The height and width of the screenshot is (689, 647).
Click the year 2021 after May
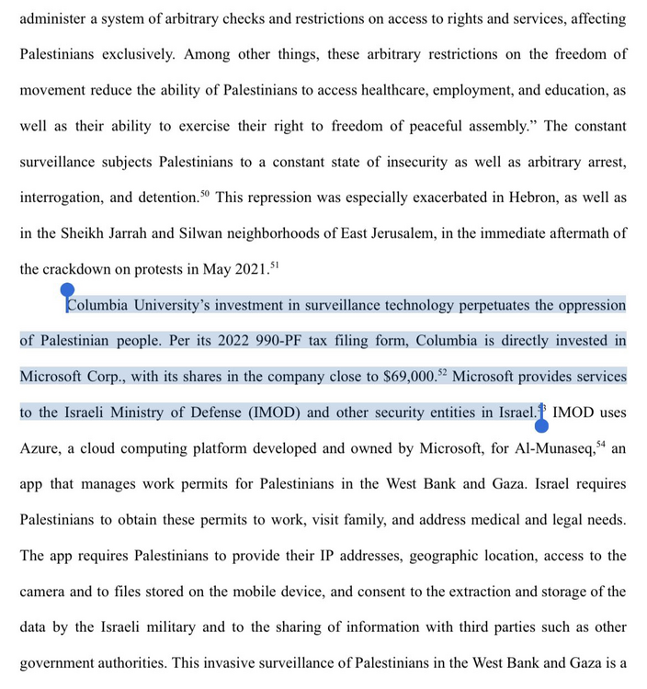click(x=246, y=270)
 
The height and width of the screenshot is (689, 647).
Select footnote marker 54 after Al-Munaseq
click(x=601, y=444)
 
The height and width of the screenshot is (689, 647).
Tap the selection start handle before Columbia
click(x=67, y=292)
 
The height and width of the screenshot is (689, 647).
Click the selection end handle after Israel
click(x=541, y=424)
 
